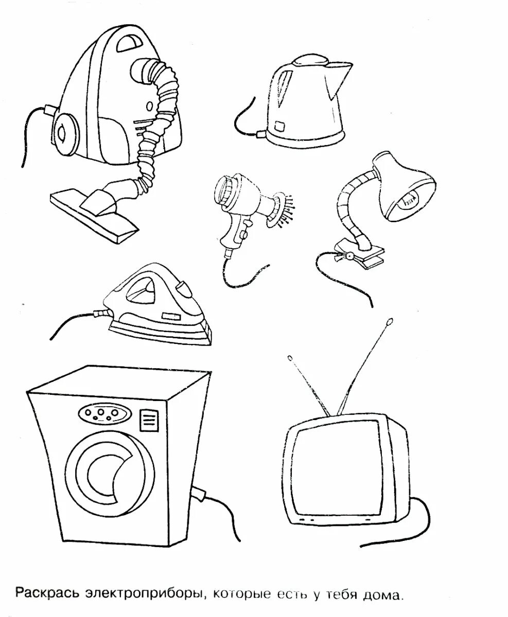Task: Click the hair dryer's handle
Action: tap(230, 234)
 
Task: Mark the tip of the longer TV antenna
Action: tap(389, 323)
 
